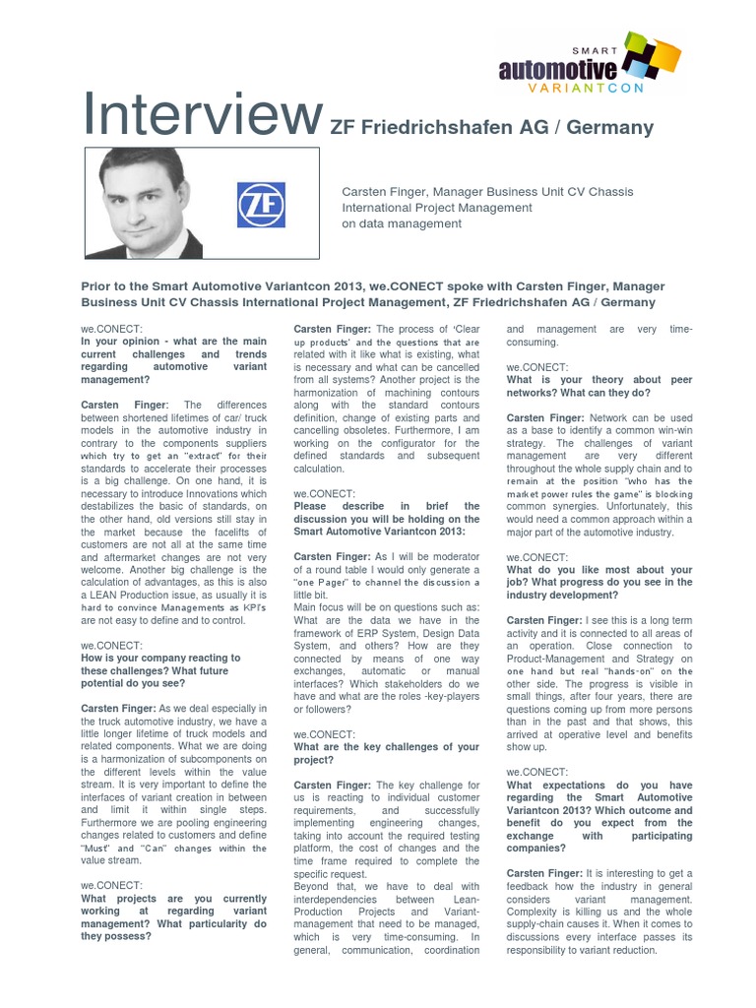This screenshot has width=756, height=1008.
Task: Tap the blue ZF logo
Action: coord(261,205)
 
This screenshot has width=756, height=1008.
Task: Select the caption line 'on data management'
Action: coord(401,223)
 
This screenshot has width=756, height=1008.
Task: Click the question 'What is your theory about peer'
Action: coord(599,379)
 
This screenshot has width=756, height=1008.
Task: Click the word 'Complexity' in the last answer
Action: coord(537,911)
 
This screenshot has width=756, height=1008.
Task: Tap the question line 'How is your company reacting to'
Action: coord(159,658)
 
